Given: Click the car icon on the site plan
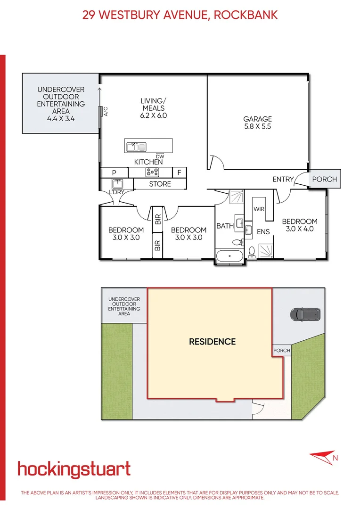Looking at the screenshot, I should [305, 314].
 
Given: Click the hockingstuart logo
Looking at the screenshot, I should [74, 469].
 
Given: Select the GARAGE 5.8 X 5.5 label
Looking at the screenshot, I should [257, 123].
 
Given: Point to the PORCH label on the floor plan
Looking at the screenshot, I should [325, 180].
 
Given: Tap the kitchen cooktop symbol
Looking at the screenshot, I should [154, 172].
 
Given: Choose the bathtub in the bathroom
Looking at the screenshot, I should [230, 258].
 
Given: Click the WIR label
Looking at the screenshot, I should [259, 209].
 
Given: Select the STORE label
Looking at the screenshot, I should [160, 184].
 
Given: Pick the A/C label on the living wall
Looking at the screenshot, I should [106, 112].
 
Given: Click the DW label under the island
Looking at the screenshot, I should [160, 156].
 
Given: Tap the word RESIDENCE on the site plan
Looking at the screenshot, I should [212, 342].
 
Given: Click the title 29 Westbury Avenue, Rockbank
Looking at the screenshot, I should [180, 15].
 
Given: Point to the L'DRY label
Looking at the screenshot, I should [116, 193].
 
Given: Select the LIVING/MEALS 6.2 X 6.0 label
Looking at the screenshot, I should [154, 108].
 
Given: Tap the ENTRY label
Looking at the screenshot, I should [283, 180].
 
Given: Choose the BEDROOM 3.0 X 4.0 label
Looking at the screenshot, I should [300, 225].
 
